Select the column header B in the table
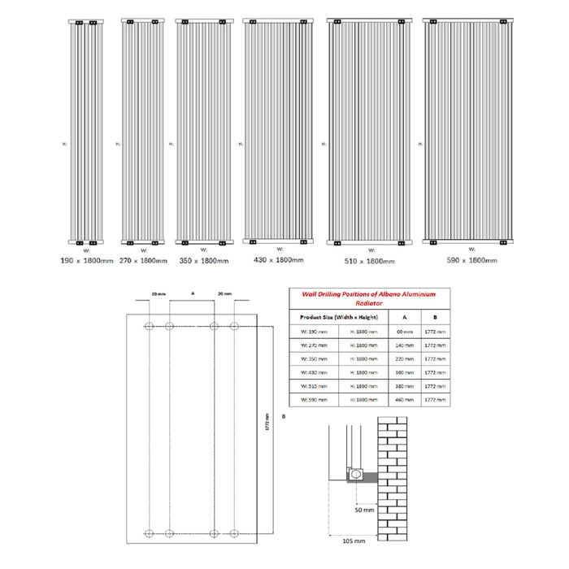click(x=436, y=317)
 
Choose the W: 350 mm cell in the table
click(x=313, y=358)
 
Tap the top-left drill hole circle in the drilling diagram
click(x=148, y=326)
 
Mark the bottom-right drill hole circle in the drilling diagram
click(x=234, y=533)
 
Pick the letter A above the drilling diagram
click(x=191, y=290)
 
